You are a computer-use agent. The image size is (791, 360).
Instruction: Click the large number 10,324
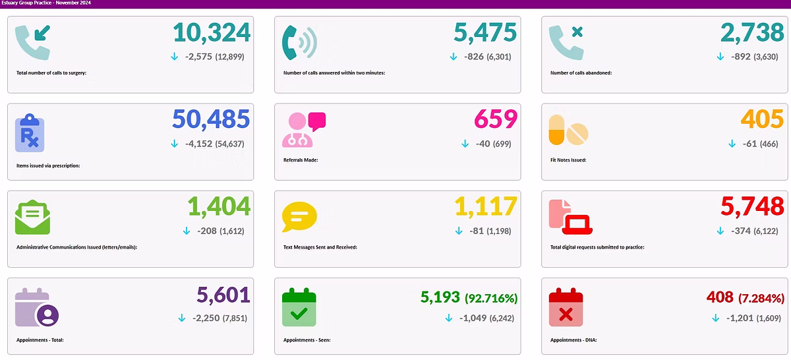click(x=212, y=33)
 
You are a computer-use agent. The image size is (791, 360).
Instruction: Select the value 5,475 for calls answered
click(x=485, y=33)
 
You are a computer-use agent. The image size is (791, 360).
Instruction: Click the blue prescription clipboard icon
click(x=30, y=132)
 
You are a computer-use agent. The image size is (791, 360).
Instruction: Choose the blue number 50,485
click(x=211, y=119)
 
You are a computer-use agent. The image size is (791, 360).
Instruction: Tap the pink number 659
click(x=496, y=119)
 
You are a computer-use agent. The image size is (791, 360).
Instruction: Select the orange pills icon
click(x=568, y=130)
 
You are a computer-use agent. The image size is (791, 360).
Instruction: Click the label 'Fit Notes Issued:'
click(x=568, y=160)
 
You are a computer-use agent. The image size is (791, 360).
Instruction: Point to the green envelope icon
click(x=32, y=218)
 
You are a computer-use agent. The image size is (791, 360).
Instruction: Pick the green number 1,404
click(x=219, y=207)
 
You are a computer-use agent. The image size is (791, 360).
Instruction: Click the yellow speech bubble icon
click(x=299, y=217)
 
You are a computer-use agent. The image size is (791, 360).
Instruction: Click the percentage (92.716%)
click(x=491, y=298)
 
